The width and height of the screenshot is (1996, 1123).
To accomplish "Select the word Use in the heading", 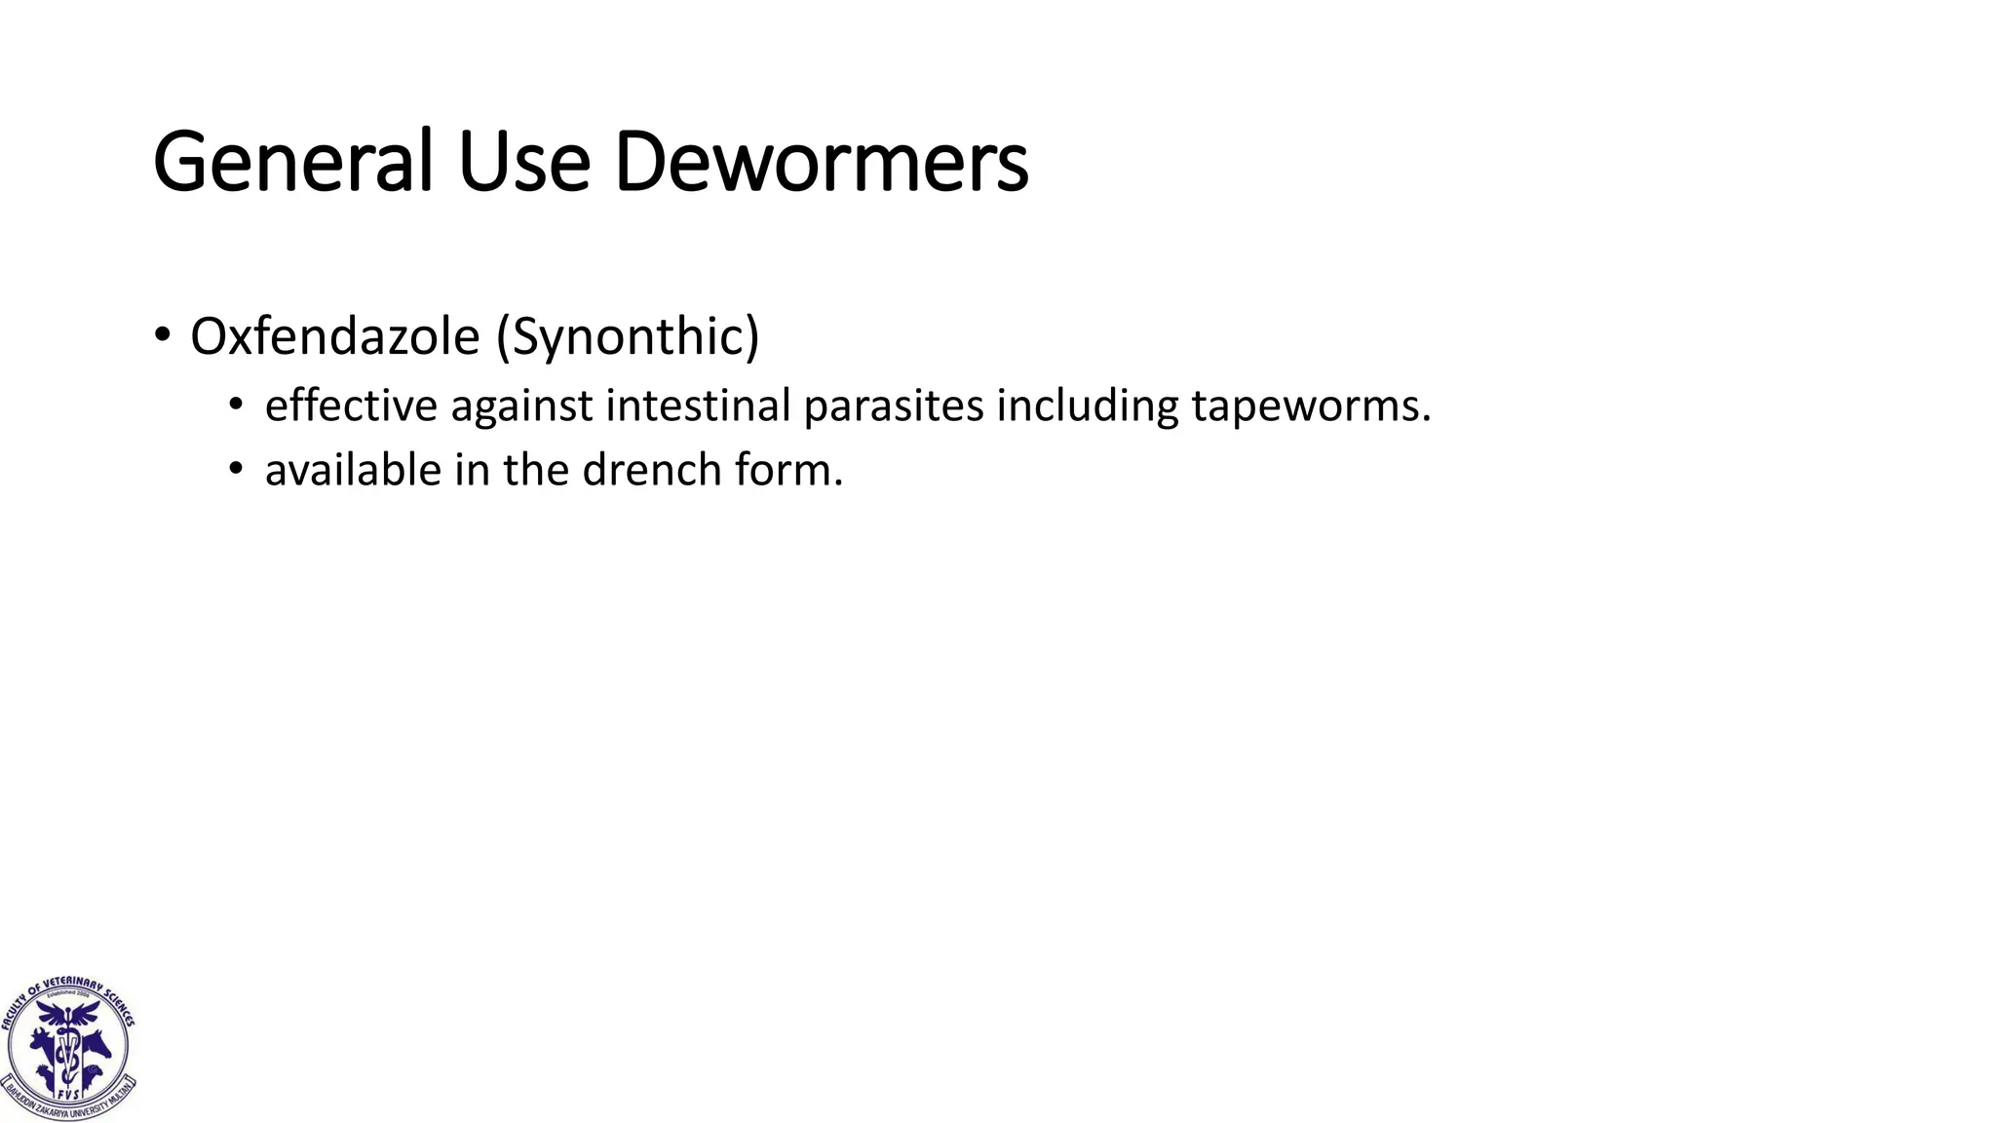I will pyautogui.click(x=524, y=162).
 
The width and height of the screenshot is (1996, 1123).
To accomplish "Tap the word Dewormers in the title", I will pyautogui.click(x=821, y=162).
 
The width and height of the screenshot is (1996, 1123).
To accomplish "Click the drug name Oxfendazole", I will pyautogui.click(x=334, y=336).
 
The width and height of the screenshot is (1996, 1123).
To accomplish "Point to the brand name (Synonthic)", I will pyautogui.click(x=628, y=336).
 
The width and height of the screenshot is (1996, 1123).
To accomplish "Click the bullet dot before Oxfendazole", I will pyautogui.click(x=162, y=336).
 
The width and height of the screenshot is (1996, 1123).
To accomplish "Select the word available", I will pyautogui.click(x=353, y=470).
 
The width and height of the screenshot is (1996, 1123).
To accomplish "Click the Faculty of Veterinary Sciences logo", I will pyautogui.click(x=68, y=1048).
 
